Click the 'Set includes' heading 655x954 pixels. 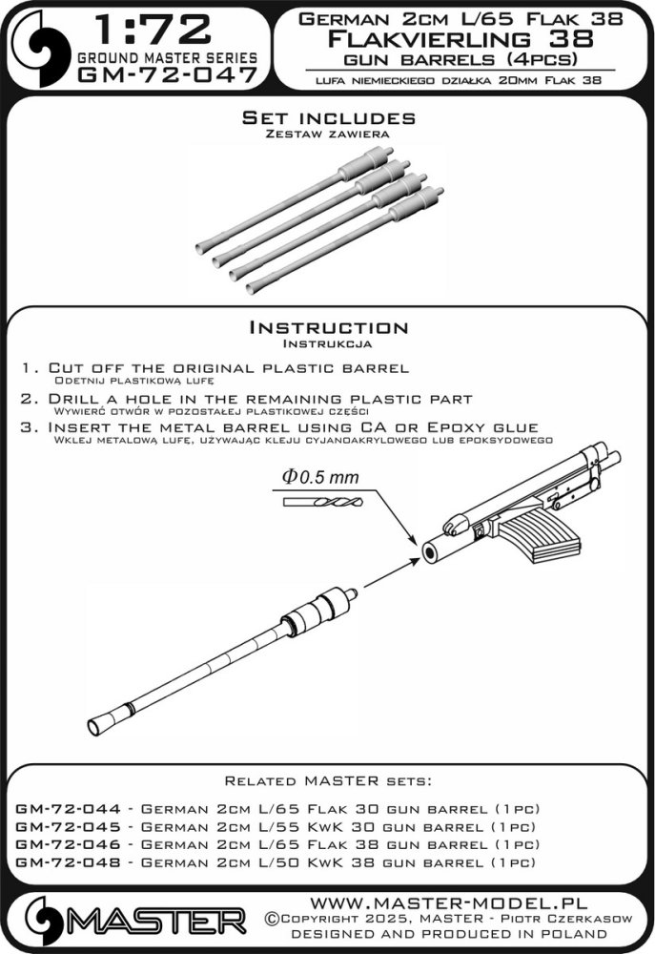pyautogui.click(x=328, y=118)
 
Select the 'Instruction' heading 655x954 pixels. pyautogui.click(x=328, y=327)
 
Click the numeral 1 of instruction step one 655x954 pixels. pyautogui.click(x=24, y=368)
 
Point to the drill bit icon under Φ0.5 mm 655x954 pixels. pyautogui.click(x=322, y=502)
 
